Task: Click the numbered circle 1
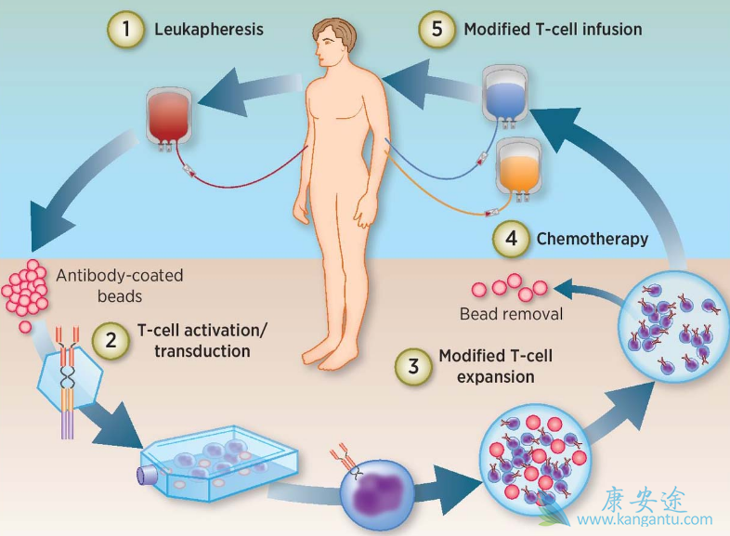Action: [x=126, y=30]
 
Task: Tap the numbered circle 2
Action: [x=112, y=341]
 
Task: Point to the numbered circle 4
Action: [x=511, y=239]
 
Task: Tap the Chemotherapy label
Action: [x=593, y=239]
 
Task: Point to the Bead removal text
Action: [x=511, y=314]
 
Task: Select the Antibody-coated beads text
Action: [x=120, y=284]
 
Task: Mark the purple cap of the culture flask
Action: [x=148, y=475]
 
